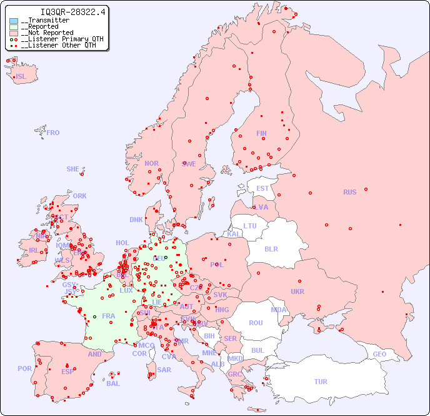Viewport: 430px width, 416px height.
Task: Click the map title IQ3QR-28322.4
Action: coord(72,12)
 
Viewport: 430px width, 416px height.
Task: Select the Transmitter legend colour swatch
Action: coord(14,21)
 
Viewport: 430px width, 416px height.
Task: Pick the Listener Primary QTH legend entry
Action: coord(60,39)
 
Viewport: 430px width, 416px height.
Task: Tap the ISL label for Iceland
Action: coord(21,77)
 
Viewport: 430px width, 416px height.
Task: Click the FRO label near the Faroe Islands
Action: coord(53,133)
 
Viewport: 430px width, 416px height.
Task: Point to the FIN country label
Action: coord(261,133)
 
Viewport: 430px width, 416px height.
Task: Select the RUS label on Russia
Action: coord(349,192)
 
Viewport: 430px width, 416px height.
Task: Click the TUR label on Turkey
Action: coord(321,382)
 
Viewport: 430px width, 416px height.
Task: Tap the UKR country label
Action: coord(297,292)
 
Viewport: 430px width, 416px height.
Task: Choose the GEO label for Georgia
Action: coord(379,354)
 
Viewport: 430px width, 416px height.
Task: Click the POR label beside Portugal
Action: coord(24,368)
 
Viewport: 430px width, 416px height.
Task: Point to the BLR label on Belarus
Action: coord(271,248)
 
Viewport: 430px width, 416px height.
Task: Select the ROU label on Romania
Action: coord(256,323)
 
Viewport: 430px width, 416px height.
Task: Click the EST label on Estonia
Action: coord(262,188)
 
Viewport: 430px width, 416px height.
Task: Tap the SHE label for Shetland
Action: coord(73,169)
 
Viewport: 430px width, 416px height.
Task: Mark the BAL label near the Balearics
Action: coord(113,383)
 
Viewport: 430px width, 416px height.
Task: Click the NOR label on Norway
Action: coord(151,163)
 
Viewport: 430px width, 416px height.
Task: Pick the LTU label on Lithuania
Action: coord(250,226)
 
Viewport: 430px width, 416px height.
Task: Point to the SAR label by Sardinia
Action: coord(164,370)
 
